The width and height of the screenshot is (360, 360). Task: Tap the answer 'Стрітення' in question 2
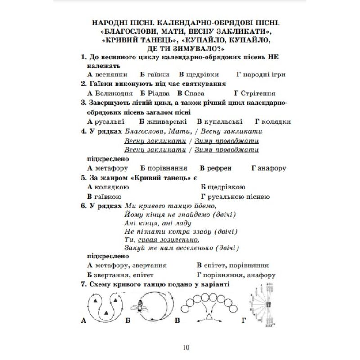258,93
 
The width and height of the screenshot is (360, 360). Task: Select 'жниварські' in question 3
168,121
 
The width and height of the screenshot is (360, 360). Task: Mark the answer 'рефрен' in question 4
219,168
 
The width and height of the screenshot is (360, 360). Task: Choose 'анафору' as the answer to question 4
272,168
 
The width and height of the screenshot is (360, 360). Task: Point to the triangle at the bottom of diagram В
209,318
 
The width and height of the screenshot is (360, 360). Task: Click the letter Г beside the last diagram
243,320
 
